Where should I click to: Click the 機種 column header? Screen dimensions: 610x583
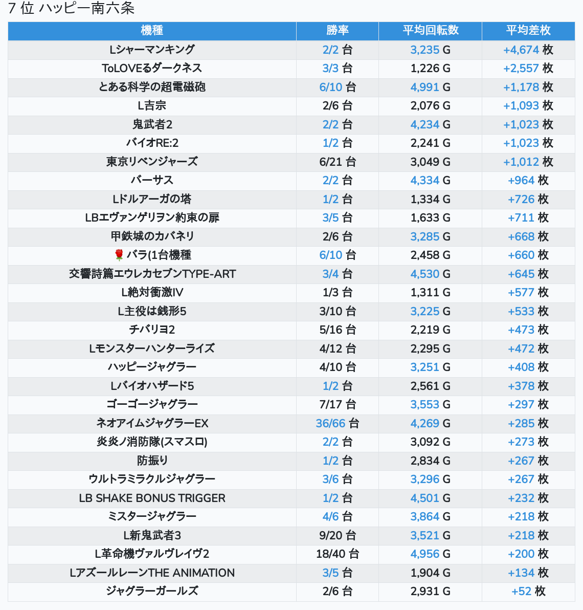[152, 31]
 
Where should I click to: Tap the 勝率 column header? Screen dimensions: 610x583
[337, 31]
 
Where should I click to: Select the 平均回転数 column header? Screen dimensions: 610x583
[430, 31]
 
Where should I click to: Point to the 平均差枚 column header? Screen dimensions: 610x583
[528, 31]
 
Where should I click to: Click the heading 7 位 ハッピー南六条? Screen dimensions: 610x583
[71, 9]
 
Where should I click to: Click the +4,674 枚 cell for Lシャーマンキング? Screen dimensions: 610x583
[528, 50]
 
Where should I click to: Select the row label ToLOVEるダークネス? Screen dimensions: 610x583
[152, 68]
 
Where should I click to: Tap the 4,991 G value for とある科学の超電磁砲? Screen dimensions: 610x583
[430, 87]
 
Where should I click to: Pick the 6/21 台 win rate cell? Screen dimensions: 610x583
[337, 162]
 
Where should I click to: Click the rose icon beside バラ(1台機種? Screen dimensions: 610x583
[119, 255]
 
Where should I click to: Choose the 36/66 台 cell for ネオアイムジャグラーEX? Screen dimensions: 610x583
[337, 423]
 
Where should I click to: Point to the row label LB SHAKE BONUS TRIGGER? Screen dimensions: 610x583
[152, 498]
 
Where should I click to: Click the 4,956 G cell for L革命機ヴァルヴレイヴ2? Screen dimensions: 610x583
[430, 554]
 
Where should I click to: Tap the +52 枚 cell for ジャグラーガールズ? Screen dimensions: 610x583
[528, 591]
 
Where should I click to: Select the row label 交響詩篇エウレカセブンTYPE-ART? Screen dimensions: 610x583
[152, 274]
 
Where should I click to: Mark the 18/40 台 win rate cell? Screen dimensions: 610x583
[337, 554]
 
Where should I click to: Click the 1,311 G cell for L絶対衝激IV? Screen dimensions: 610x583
[430, 292]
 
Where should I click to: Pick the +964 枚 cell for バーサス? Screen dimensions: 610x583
[528, 180]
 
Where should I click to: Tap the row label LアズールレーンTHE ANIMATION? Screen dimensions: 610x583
[152, 573]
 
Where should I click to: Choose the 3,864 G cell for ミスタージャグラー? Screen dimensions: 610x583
[430, 516]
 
